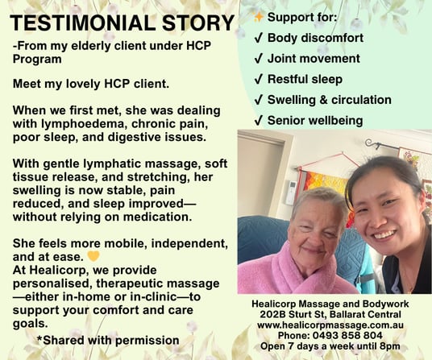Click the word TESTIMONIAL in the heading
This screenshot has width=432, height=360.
[83, 23]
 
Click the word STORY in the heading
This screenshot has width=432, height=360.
[198, 23]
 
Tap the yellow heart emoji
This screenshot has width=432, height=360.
[93, 257]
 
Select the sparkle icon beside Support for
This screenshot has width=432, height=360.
[258, 17]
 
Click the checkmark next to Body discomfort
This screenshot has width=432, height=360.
[258, 39]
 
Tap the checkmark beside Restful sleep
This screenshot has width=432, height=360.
[258, 80]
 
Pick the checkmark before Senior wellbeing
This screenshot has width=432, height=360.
[258, 121]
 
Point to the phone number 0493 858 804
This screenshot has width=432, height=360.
[347, 336]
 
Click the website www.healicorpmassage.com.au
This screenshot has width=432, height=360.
[330, 325]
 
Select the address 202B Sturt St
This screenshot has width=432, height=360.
[293, 314]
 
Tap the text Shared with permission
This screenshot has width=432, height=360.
[111, 340]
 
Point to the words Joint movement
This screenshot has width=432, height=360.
[314, 59]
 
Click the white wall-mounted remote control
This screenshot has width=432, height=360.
[291, 192]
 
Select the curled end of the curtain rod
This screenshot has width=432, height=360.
[370, 143]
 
